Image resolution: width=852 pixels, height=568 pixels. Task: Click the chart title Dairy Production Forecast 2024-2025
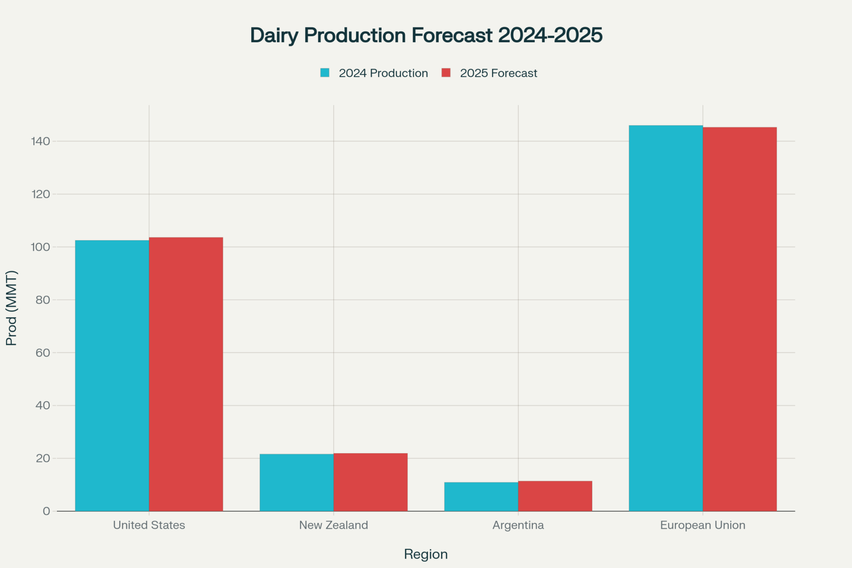pyautogui.click(x=426, y=35)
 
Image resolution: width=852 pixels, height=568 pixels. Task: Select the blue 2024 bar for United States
pyautogui.click(x=112, y=375)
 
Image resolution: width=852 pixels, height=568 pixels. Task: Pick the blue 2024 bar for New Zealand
pyautogui.click(x=296, y=482)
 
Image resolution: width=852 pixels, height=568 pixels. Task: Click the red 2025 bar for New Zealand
pyautogui.click(x=370, y=482)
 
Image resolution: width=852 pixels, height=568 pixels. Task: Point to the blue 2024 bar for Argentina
pyautogui.click(x=481, y=496)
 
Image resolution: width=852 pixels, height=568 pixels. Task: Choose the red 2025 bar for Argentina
pyautogui.click(x=555, y=496)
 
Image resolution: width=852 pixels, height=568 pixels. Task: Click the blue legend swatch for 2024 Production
pyautogui.click(x=325, y=73)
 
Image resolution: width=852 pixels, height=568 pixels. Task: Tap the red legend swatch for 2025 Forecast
pyautogui.click(x=446, y=73)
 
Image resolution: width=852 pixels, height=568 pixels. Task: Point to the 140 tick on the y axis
pyautogui.click(x=40, y=141)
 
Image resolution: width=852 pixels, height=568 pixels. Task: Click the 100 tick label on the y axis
pyautogui.click(x=40, y=247)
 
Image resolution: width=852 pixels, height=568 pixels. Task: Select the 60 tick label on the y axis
pyautogui.click(x=43, y=353)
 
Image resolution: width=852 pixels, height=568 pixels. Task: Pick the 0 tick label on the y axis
pyautogui.click(x=46, y=511)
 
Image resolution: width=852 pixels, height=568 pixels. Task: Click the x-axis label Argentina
pyautogui.click(x=518, y=525)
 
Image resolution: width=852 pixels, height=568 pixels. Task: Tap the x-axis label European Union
pyautogui.click(x=702, y=525)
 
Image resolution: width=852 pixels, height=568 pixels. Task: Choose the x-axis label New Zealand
pyautogui.click(x=334, y=525)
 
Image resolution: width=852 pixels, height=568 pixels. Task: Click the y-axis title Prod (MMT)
pyautogui.click(x=12, y=308)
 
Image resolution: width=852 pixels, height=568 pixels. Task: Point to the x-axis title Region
pyautogui.click(x=426, y=554)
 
